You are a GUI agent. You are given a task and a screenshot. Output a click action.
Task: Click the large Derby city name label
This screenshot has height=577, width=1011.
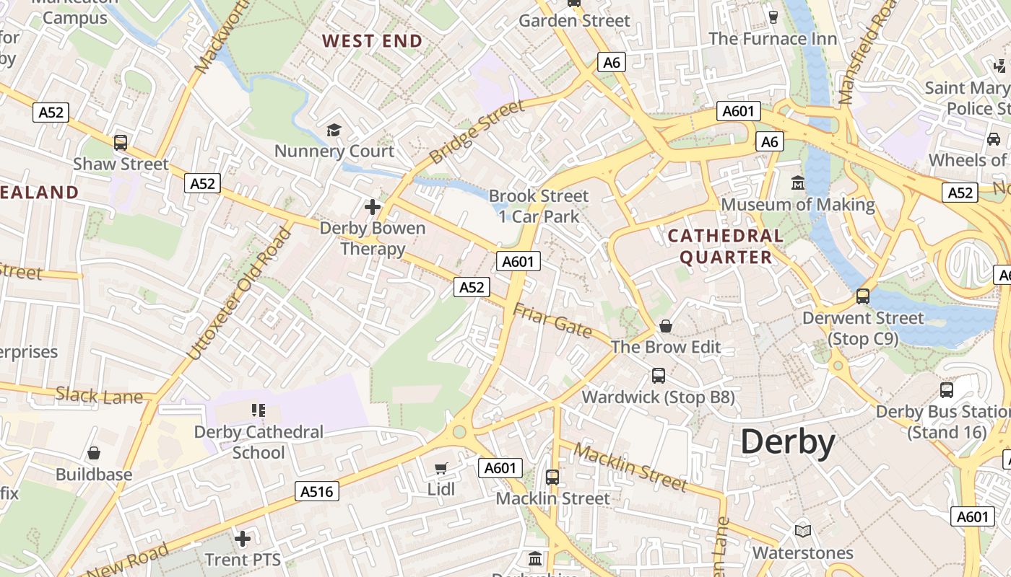788,441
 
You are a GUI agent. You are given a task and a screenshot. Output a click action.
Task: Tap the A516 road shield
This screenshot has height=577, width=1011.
317,492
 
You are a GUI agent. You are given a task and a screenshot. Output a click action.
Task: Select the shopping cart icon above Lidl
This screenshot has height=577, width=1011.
441,468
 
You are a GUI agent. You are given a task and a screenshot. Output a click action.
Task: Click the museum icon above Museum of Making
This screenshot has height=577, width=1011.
798,183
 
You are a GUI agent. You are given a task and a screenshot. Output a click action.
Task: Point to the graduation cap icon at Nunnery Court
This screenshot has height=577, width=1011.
334,130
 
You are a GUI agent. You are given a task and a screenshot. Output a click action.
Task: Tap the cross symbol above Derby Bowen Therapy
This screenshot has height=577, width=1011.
373,207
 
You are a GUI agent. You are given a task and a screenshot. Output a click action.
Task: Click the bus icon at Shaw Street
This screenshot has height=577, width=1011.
121,142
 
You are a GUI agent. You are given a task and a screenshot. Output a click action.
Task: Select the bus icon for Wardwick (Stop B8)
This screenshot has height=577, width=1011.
659,375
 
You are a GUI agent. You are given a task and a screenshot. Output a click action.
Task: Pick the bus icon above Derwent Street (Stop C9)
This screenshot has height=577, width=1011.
862,296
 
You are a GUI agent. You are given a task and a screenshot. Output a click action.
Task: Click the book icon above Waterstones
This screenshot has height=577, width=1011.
803,531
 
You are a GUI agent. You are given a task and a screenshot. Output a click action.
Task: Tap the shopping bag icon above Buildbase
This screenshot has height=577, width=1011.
94,453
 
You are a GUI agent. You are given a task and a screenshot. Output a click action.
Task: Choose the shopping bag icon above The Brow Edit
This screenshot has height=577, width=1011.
666,326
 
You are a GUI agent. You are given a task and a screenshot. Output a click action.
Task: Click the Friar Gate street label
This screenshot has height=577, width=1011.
552,320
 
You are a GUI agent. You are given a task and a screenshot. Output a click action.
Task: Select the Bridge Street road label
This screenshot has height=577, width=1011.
477,132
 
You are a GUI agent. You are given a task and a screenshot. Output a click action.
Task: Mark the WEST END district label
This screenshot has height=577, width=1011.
372,41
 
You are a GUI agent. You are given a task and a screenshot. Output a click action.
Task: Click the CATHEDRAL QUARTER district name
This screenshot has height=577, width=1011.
725,247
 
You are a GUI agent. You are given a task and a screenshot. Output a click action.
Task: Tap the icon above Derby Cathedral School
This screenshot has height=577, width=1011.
259,410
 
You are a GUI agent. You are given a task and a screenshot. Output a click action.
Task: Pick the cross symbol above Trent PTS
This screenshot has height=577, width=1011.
243,538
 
